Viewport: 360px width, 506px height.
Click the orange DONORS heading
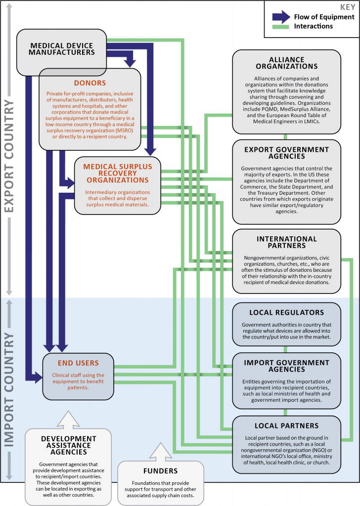90,83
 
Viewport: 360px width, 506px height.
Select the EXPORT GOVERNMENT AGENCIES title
286,153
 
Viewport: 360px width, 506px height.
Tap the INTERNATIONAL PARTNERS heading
286,243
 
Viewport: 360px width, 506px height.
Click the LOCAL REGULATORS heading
286,312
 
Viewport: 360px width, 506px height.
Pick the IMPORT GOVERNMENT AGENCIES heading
286,366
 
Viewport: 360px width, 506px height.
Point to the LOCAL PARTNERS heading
286,425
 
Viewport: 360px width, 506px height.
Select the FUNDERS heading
160,471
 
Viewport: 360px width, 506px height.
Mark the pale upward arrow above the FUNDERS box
160,450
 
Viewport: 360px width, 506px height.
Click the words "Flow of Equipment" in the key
324,17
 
